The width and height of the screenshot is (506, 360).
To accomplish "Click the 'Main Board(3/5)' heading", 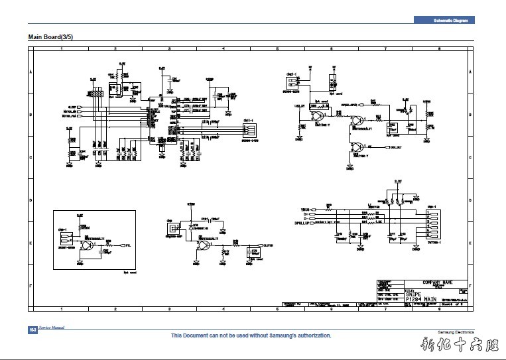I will (x=50, y=36).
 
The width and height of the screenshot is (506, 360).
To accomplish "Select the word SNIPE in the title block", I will (x=414, y=293).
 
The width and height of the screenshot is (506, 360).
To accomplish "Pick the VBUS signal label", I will (x=306, y=208).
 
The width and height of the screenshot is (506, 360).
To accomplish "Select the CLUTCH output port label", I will (x=268, y=245).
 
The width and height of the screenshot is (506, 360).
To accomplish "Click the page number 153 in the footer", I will (x=32, y=330).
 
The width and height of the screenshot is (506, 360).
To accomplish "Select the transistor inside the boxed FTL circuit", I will (x=85, y=245).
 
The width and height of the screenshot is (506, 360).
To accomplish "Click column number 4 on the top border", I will (x=223, y=49).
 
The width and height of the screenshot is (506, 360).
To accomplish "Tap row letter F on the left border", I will (x=31, y=285).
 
